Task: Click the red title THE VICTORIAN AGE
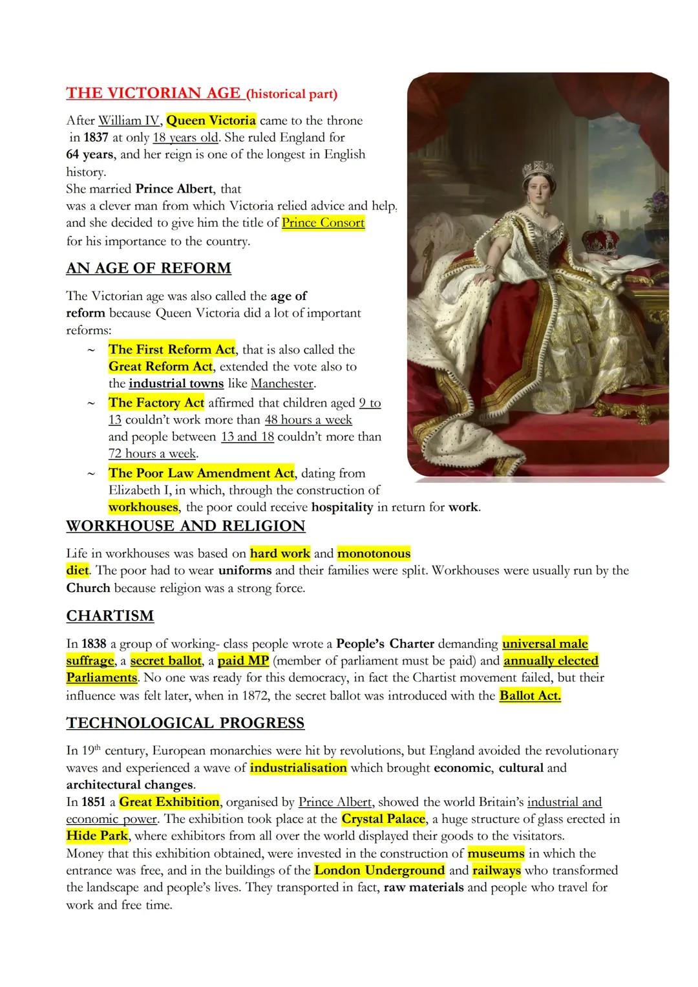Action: tap(154, 93)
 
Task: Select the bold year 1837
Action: tap(96, 138)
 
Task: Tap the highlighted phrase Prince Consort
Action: tap(323, 223)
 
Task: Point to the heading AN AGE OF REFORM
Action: tap(149, 268)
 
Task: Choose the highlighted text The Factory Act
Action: tap(156, 403)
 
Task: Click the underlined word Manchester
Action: tap(282, 383)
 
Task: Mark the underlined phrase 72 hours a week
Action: tap(153, 453)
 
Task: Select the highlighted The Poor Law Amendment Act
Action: tap(201, 473)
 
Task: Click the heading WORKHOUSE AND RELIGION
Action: tap(185, 526)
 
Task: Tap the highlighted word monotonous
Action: tap(374, 553)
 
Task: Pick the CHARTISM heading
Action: tap(110, 616)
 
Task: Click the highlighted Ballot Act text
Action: tap(530, 695)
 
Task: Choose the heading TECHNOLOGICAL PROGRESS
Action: tap(185, 723)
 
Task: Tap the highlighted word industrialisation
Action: tap(298, 768)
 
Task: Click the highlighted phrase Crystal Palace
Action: tap(383, 819)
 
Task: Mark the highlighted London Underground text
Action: tap(379, 870)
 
